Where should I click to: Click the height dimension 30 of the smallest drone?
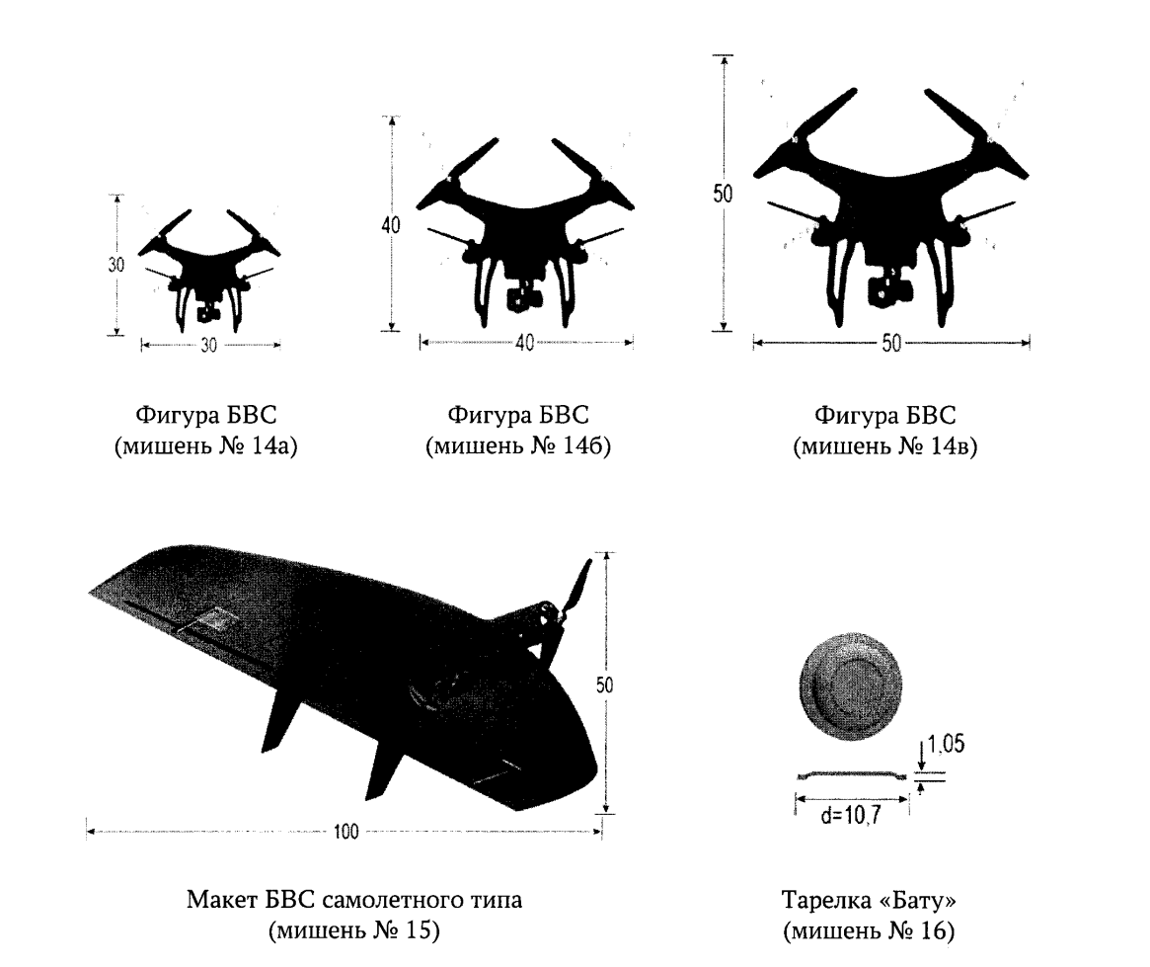pyautogui.click(x=116, y=264)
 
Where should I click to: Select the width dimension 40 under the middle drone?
pyautogui.click(x=524, y=344)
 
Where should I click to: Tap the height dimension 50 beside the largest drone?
pyautogui.click(x=724, y=193)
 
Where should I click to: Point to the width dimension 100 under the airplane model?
pyautogui.click(x=345, y=832)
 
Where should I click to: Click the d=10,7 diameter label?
pyautogui.click(x=851, y=814)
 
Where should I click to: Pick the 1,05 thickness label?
pyautogui.click(x=946, y=745)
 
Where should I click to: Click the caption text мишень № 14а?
pyautogui.click(x=206, y=446)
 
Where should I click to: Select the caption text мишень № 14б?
pyautogui.click(x=518, y=446)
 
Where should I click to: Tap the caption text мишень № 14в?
pyautogui.click(x=884, y=446)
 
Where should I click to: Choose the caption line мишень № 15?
pyautogui.click(x=354, y=930)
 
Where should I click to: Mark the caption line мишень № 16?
pyautogui.click(x=869, y=931)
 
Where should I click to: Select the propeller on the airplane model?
pyautogui.click(x=571, y=609)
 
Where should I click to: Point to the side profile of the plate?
pyautogui.click(x=852, y=773)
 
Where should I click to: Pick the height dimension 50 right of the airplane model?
pyautogui.click(x=604, y=685)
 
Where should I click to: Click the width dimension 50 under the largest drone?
pyautogui.click(x=891, y=344)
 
